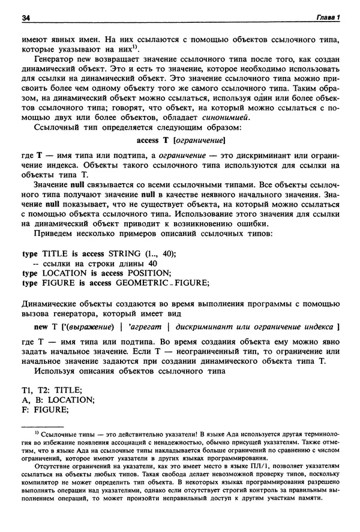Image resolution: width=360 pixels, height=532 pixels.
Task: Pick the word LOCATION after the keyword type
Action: tap(62, 273)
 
